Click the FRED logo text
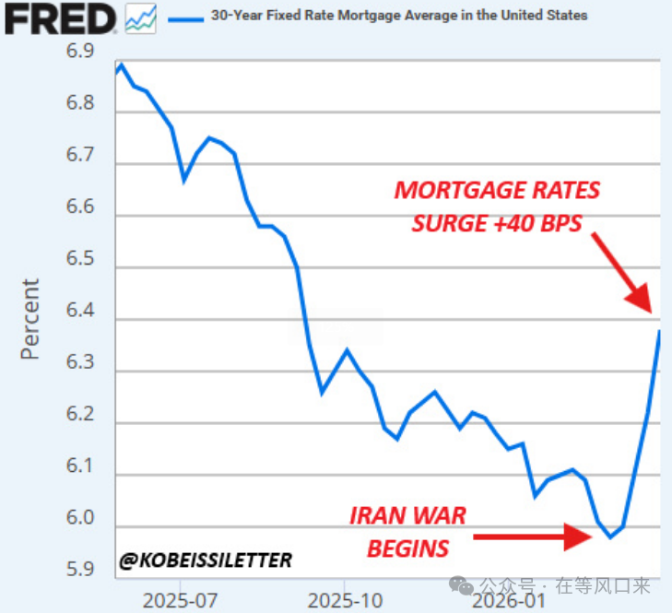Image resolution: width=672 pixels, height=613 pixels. pos(60,18)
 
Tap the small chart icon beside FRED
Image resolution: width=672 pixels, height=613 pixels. pos(140,18)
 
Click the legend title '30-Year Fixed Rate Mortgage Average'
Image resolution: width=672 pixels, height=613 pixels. pos(398,16)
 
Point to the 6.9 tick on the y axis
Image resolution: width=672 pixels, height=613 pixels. pos(80,53)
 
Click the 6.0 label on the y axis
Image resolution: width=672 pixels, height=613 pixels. pos(80,519)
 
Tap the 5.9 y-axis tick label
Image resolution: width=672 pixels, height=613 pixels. pos(80,569)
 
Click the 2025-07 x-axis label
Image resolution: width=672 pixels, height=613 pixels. pos(180,599)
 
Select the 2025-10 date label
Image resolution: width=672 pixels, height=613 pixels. pos(344,599)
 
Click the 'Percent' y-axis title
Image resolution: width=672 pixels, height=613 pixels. pos(30,318)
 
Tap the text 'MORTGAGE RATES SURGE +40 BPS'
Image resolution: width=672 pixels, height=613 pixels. pos(498,206)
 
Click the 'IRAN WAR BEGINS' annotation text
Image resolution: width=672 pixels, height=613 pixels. pos(407,532)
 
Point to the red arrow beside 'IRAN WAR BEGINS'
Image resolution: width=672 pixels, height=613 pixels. pos(533,536)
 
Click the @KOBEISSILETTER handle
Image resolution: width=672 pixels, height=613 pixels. pos(206,560)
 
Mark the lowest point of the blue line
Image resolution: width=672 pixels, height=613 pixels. pos(610,537)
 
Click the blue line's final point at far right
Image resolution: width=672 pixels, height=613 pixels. pos(659,332)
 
